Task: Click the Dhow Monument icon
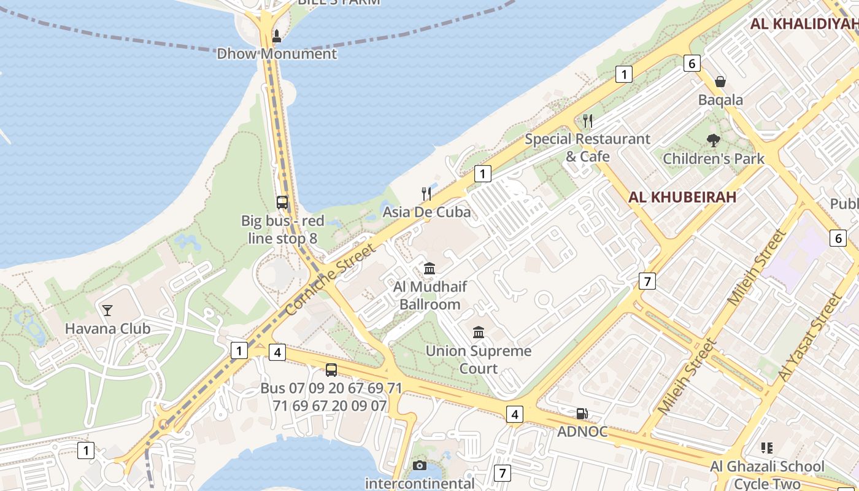[276, 36]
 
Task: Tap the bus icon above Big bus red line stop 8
[282, 203]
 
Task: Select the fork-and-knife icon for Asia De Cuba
[426, 194]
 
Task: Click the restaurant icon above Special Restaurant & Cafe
[588, 120]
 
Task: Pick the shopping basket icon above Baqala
[720, 82]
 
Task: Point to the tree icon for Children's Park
[713, 141]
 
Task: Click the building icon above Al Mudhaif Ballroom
[429, 269]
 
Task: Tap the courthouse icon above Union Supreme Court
[479, 333]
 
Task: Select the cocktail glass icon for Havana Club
[107, 311]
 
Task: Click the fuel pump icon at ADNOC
[582, 414]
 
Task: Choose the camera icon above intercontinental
[420, 465]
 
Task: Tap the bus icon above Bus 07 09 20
[331, 369]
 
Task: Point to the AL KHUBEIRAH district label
[682, 197]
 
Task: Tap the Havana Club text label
[107, 328]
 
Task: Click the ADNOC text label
[582, 431]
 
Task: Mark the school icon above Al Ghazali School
[766, 448]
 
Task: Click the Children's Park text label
[714, 159]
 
